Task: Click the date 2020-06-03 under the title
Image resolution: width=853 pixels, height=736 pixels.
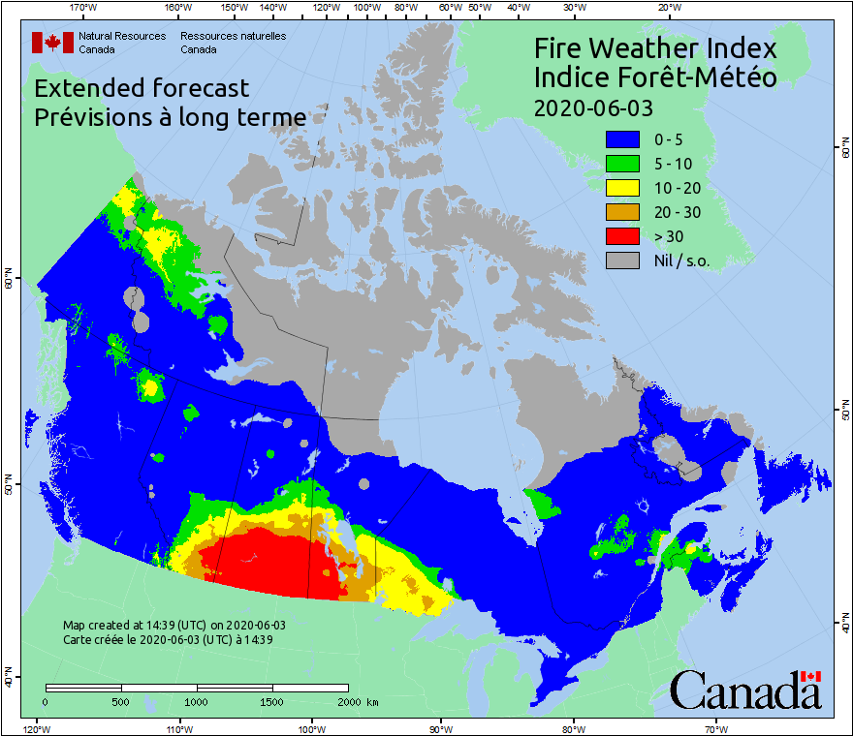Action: (x=593, y=107)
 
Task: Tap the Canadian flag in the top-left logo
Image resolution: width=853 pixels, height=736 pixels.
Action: (x=52, y=43)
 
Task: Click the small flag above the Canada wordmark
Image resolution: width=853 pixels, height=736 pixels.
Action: (x=810, y=676)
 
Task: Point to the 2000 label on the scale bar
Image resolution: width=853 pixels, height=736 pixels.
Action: (x=347, y=701)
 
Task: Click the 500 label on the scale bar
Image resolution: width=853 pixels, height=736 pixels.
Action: (x=121, y=701)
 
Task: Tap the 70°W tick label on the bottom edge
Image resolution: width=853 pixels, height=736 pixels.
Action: (x=716, y=728)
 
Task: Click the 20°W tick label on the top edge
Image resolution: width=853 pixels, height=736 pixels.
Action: (x=667, y=8)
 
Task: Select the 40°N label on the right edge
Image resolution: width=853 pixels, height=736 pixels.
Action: (x=845, y=625)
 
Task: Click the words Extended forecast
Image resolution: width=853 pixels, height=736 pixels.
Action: (x=142, y=88)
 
